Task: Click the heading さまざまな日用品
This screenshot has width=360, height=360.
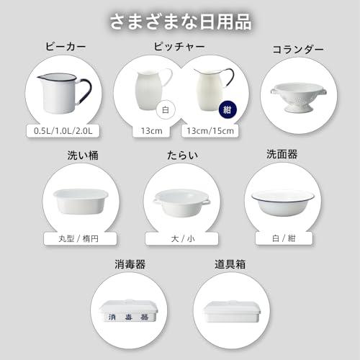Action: click(180, 21)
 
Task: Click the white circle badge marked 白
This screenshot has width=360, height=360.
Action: click(165, 112)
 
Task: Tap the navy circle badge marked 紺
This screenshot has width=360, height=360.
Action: click(227, 112)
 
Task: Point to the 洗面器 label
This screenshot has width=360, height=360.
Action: click(282, 153)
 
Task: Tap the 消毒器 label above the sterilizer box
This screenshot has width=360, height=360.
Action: click(130, 264)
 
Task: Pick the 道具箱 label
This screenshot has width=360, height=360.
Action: click(230, 264)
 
